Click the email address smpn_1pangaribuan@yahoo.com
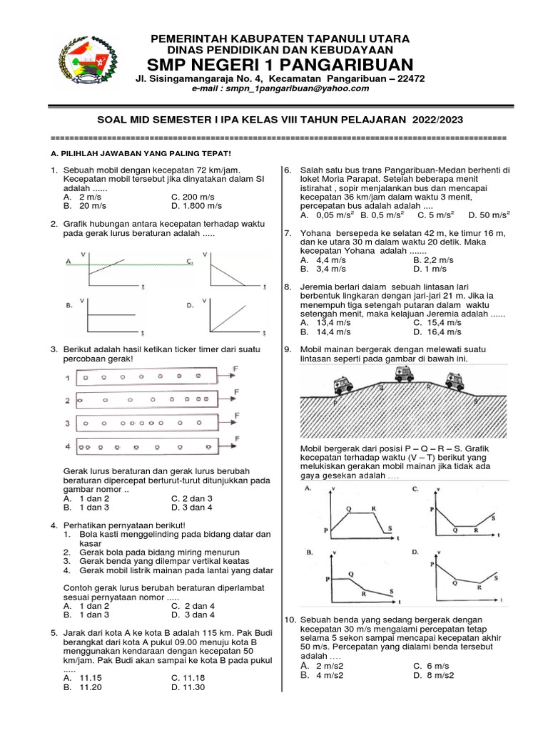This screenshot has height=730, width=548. (x=285, y=88)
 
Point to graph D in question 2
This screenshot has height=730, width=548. (x=235, y=314)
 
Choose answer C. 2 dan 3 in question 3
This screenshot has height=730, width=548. (x=192, y=498)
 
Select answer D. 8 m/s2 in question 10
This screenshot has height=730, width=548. (x=436, y=675)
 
